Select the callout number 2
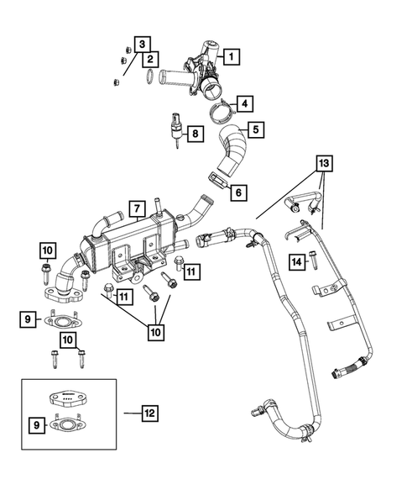[151, 59]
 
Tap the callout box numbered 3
[143, 44]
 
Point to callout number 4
[244, 104]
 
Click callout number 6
[239, 192]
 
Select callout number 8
[195, 133]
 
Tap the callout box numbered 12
[149, 413]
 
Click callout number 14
[295, 262]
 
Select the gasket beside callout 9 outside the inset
[62, 319]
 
